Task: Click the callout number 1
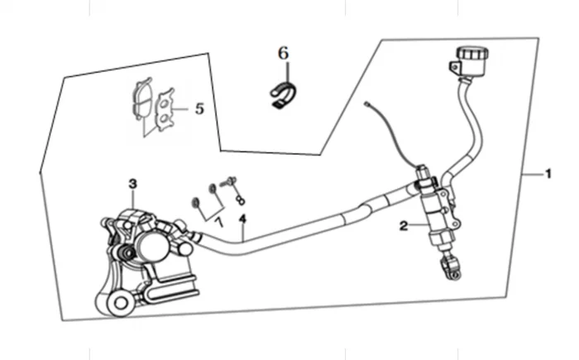tap(548, 174)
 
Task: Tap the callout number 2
tap(404, 225)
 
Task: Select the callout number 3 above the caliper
tap(133, 184)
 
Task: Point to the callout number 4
tap(242, 218)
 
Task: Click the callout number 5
tap(199, 108)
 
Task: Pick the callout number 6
tap(283, 54)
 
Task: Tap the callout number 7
tap(219, 223)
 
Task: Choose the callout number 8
tap(241, 199)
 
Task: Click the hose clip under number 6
tap(284, 94)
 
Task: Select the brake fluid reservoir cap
tap(472, 53)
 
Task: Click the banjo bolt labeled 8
tap(228, 182)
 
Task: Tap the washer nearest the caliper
tap(195, 203)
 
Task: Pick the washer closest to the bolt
tap(213, 188)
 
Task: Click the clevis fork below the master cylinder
tap(451, 267)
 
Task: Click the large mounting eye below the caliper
tap(120, 304)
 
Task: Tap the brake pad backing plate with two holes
tap(165, 109)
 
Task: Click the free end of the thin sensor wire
tap(366, 104)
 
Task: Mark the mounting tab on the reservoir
tap(455, 68)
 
